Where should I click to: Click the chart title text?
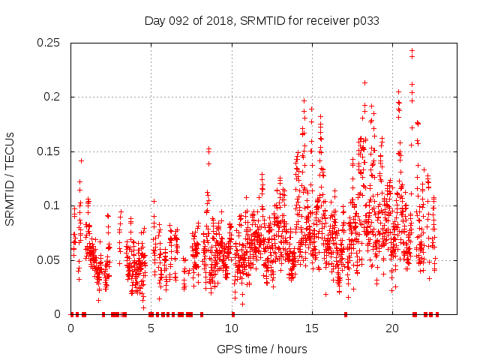pyautogui.click(x=261, y=21)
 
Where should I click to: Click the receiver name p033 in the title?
pyautogui.click(x=365, y=21)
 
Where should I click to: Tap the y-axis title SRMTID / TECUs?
pyautogui.click(x=10, y=178)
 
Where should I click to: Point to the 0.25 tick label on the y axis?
pyautogui.click(x=49, y=43)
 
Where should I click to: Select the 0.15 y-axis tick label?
pyautogui.click(x=49, y=151)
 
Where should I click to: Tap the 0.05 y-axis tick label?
pyautogui.click(x=49, y=260)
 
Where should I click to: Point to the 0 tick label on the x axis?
pyautogui.click(x=70, y=328)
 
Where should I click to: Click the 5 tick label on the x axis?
pyautogui.click(x=151, y=328)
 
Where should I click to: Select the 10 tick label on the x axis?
pyautogui.click(x=232, y=328)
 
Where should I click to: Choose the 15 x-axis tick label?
pyautogui.click(x=312, y=328)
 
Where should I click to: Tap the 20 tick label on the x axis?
pyautogui.click(x=392, y=328)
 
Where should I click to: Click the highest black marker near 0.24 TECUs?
pyautogui.click(x=412, y=50)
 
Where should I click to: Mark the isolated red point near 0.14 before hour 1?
pyautogui.click(x=81, y=160)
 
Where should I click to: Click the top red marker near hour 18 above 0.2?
pyautogui.click(x=364, y=82)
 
